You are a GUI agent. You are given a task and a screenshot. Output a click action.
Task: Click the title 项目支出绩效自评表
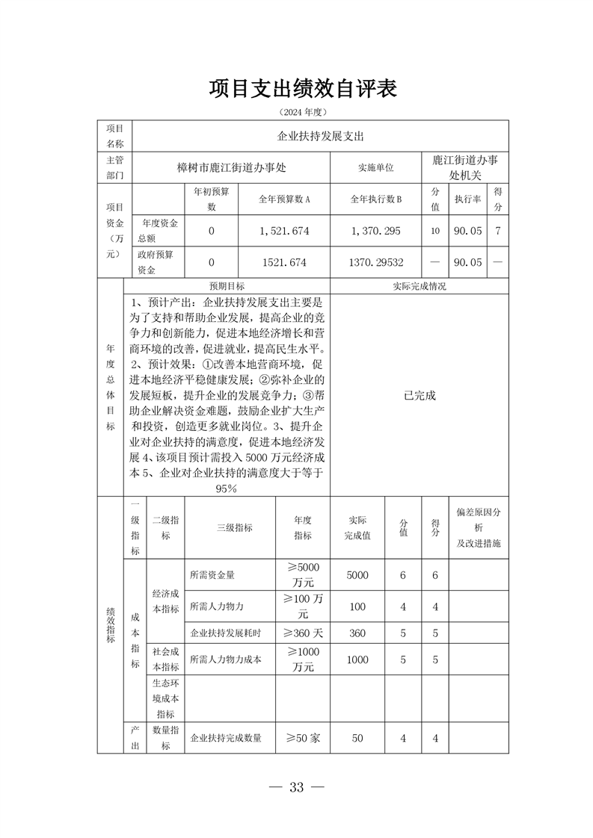(302, 90)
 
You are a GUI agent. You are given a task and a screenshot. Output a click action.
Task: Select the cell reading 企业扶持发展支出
(321, 137)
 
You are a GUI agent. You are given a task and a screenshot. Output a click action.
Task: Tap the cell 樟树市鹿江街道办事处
(232, 168)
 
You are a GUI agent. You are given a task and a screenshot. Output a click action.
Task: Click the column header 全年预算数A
(284, 199)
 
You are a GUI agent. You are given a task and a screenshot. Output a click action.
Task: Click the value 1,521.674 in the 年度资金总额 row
(284, 231)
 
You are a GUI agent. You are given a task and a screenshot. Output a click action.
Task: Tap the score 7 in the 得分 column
(498, 231)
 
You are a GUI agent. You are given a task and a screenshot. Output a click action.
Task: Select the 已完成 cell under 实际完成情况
(419, 395)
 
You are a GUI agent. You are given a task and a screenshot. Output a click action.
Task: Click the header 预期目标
(227, 286)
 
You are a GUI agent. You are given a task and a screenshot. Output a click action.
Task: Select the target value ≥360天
(303, 633)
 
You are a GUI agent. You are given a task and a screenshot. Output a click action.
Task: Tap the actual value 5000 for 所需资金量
(357, 575)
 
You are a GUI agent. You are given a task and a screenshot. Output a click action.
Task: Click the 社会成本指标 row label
(165, 659)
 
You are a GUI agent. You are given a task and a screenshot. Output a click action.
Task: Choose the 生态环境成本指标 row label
(165, 698)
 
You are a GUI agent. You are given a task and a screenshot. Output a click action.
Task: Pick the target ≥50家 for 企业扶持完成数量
(303, 738)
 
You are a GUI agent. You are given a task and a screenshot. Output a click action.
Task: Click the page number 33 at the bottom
(297, 787)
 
